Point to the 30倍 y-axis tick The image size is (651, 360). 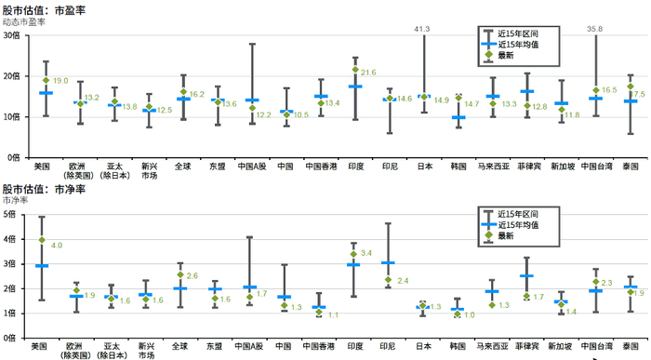point(11,35)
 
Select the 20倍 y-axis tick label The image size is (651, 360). point(11,76)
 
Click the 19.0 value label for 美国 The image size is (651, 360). point(60,81)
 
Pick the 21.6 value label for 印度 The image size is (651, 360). point(368,72)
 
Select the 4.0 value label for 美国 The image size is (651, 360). point(57,245)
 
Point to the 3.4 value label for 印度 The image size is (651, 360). point(366,253)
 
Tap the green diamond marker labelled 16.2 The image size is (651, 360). point(182,93)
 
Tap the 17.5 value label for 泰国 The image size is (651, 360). point(638,94)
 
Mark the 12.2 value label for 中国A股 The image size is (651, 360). point(263,114)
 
